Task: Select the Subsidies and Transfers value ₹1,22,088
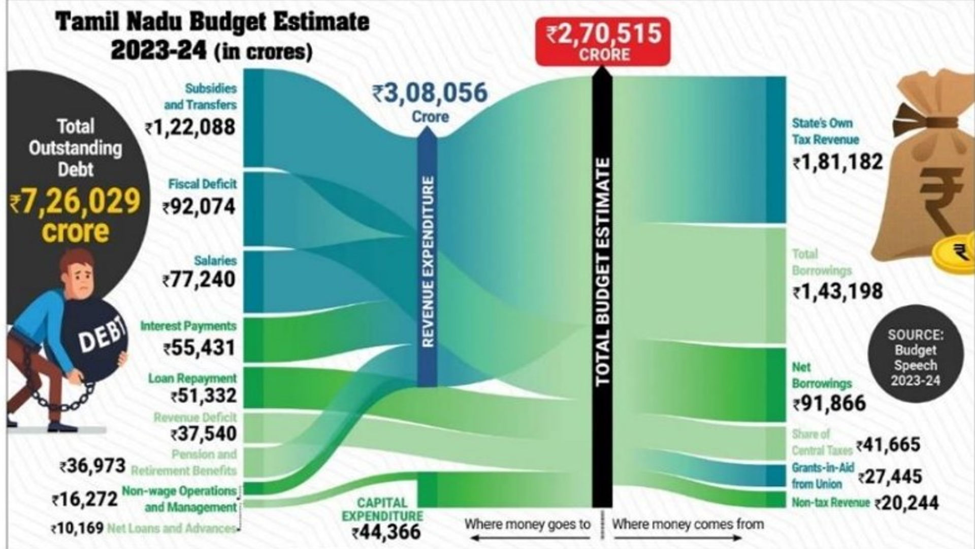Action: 190,127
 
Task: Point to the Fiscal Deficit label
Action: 203,184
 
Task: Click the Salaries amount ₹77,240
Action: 199,280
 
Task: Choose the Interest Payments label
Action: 188,326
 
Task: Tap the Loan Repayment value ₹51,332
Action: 204,395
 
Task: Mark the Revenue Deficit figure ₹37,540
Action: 204,434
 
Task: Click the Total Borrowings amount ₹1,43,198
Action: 838,292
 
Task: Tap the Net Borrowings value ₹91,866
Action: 829,404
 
